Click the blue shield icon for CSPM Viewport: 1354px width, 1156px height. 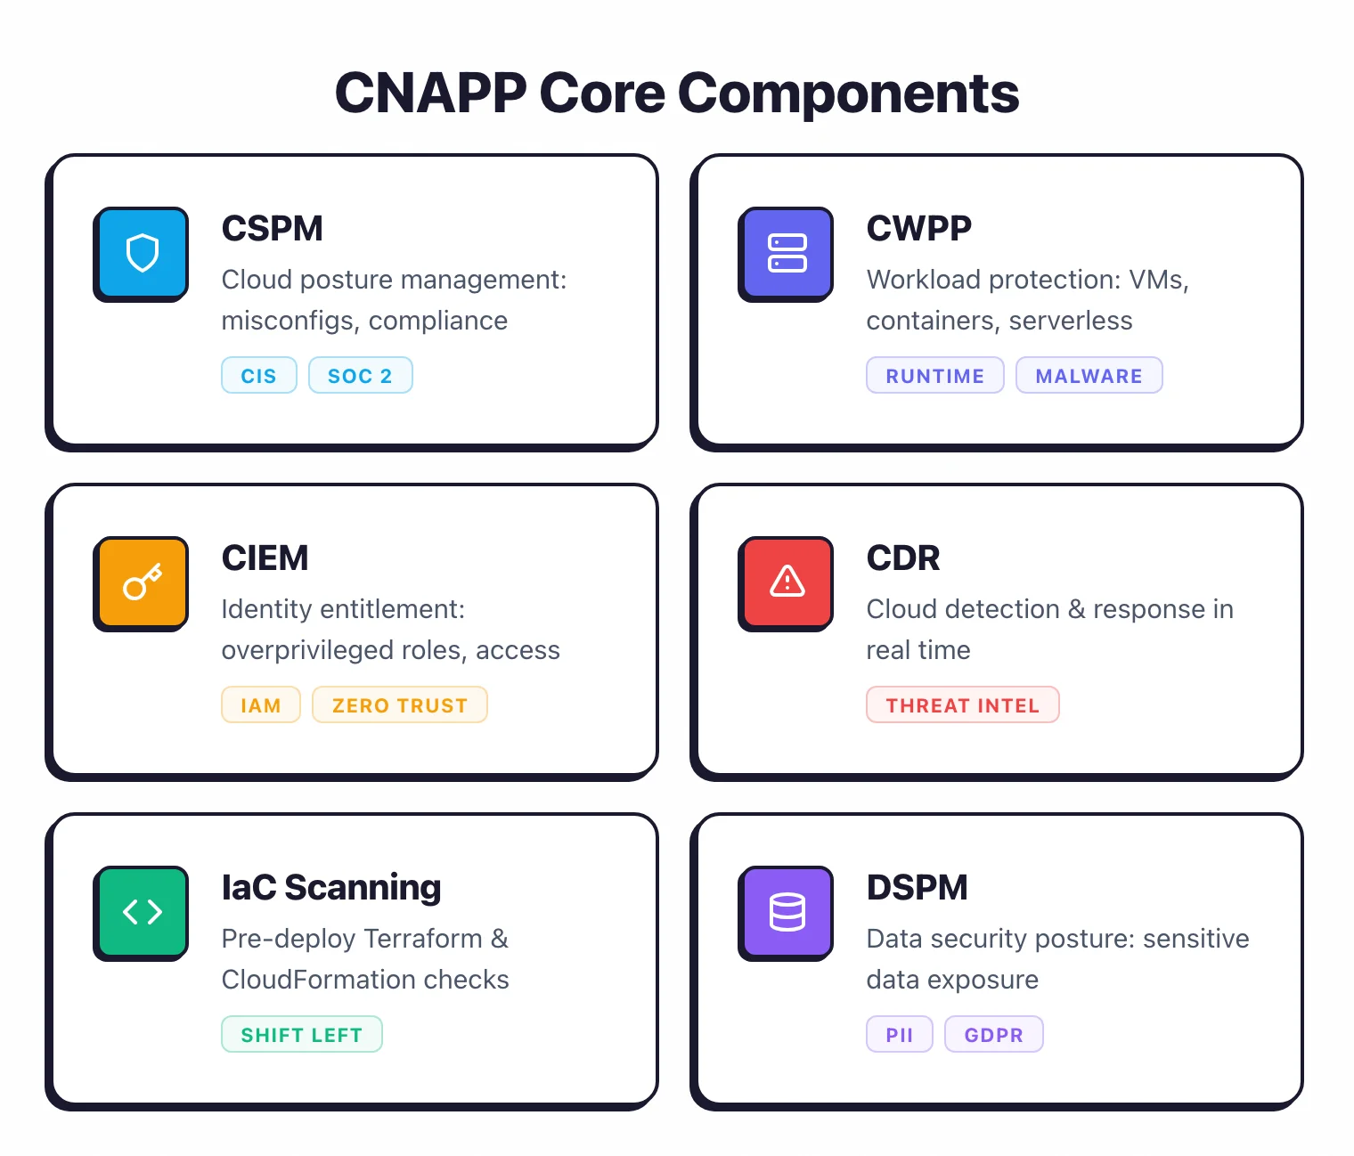point(142,253)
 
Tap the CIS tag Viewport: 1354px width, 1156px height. point(258,376)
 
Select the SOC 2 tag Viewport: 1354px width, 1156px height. point(360,376)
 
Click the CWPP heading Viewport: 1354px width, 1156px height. point(918,229)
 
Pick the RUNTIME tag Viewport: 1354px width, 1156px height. point(934,376)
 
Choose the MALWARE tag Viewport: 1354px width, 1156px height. point(1089,376)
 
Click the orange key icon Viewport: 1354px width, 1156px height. point(142,582)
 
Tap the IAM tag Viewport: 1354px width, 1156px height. point(260,705)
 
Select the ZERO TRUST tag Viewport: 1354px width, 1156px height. point(399,705)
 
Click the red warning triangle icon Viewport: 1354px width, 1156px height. point(787,582)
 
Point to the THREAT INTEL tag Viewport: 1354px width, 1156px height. point(962,705)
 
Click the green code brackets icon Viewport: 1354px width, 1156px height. point(142,912)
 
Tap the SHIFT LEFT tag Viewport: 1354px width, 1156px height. point(301,1035)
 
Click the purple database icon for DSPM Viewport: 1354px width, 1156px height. point(787,912)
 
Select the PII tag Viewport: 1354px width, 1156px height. point(899,1035)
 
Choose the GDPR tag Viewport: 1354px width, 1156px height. point(993,1035)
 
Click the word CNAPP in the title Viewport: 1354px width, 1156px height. point(430,93)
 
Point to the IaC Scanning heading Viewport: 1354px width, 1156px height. point(330,888)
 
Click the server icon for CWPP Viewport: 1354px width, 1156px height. point(787,253)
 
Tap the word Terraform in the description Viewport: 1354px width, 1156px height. point(422,939)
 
